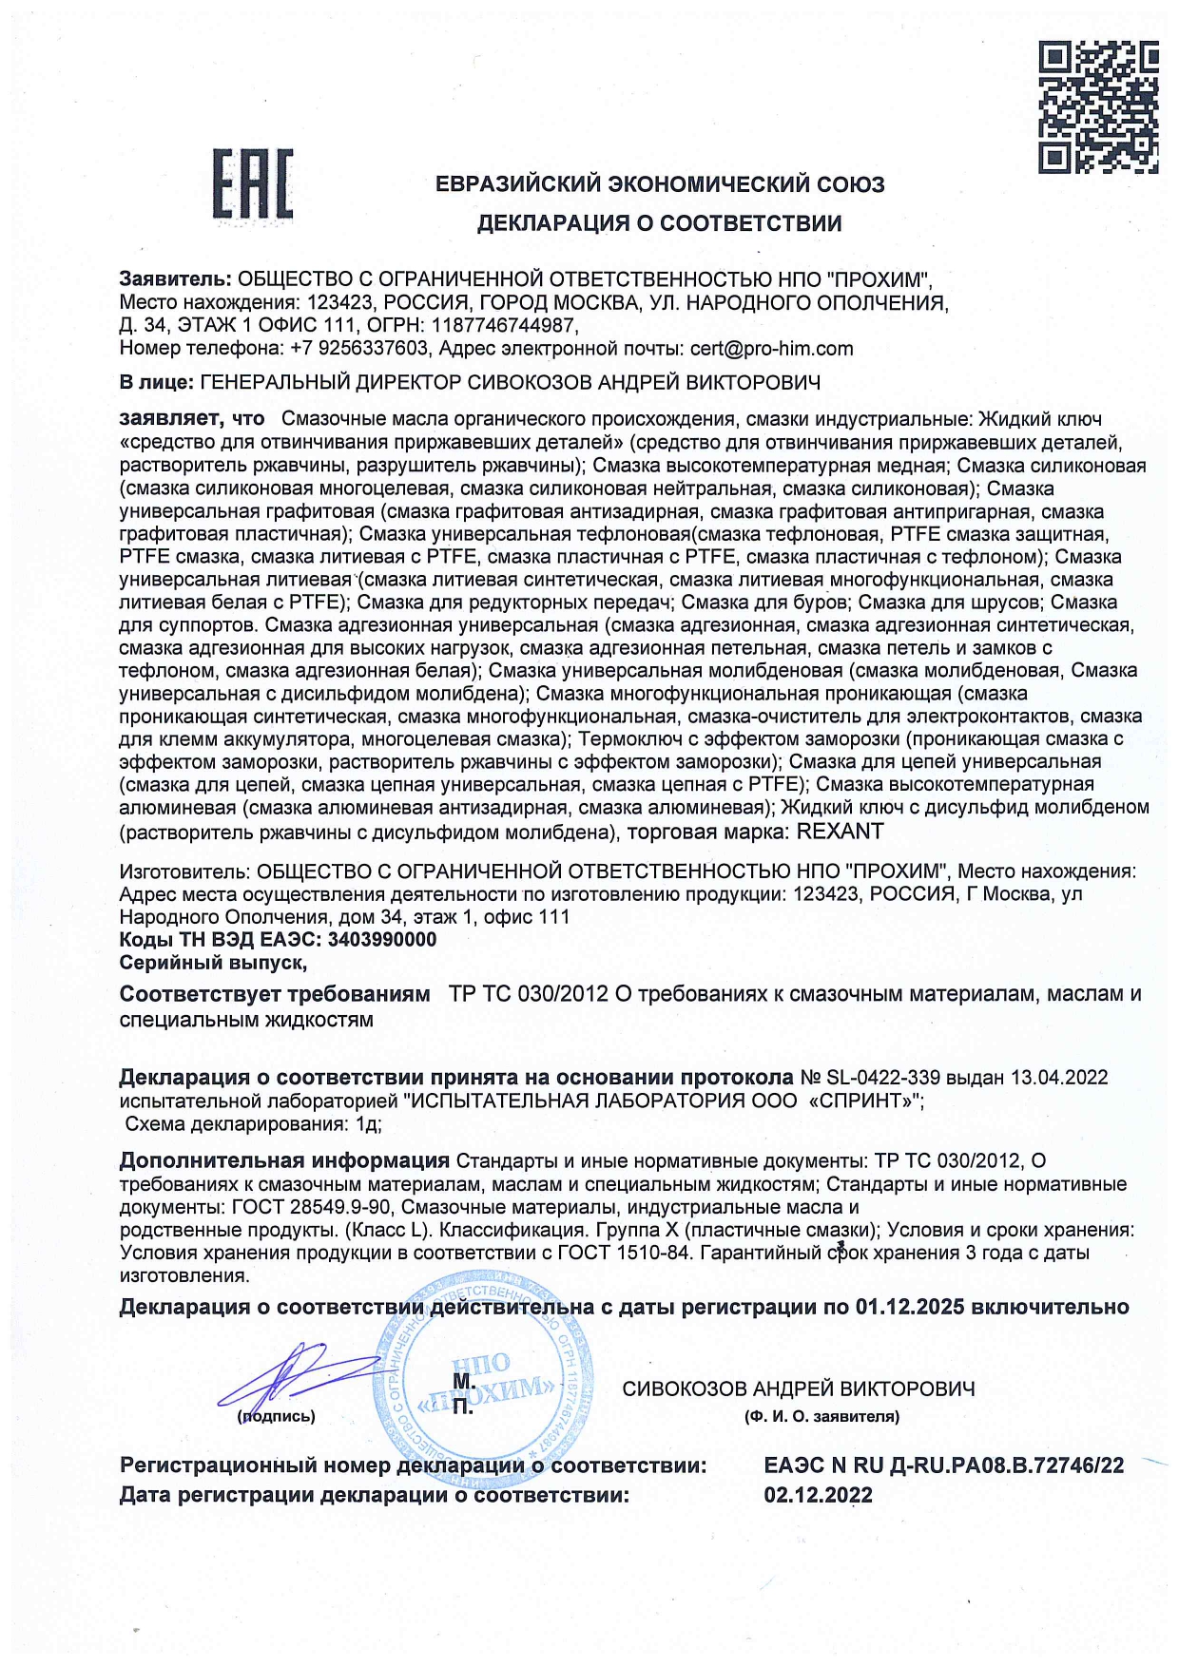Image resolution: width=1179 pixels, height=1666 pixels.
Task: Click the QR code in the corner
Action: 1098,106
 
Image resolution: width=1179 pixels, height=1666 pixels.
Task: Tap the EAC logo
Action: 252,184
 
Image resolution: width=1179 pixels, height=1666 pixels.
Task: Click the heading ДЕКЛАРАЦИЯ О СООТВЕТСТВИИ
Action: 659,223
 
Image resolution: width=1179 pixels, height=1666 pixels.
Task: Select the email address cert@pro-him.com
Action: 771,349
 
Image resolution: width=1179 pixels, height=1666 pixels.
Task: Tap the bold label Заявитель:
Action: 175,279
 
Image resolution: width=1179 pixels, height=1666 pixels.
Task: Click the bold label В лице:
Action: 157,383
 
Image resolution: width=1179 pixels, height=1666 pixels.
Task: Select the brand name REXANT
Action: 840,832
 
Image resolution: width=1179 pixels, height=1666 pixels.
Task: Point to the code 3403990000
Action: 382,940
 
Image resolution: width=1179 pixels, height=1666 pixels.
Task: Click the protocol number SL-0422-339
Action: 883,1078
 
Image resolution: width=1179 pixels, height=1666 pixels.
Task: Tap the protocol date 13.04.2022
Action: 1059,1078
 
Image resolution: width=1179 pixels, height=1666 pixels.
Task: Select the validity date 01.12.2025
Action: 910,1307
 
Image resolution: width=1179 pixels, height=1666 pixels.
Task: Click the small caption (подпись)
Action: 276,1416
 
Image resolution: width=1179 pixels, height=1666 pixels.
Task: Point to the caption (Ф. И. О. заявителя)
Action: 821,1416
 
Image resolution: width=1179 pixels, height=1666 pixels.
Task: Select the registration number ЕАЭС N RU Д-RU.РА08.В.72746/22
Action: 943,1465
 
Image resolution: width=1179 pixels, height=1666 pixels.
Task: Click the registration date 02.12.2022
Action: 818,1495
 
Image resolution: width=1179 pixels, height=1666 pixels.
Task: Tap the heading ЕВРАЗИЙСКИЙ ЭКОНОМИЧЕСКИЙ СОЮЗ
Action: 660,184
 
